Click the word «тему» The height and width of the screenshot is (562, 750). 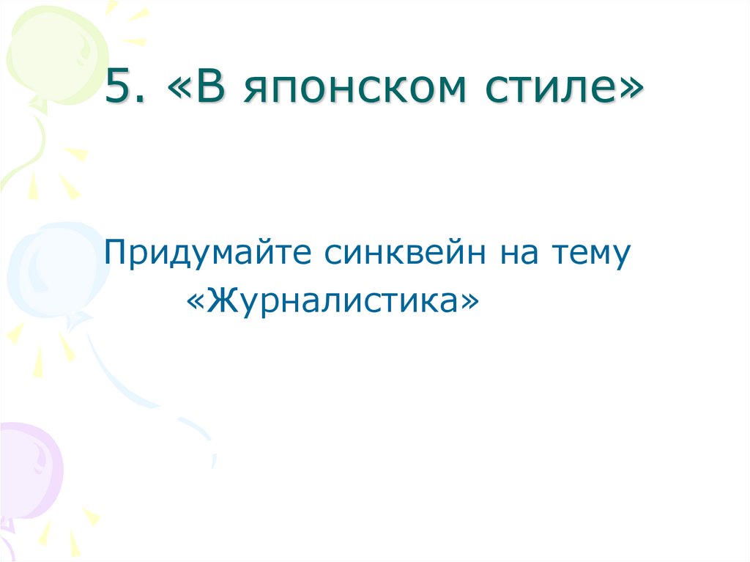[591, 256]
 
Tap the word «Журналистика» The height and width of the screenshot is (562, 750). [333, 297]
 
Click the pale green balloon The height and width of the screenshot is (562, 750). [48, 55]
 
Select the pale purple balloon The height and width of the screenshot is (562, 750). [29, 469]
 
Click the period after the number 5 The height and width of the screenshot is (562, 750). [141, 99]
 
